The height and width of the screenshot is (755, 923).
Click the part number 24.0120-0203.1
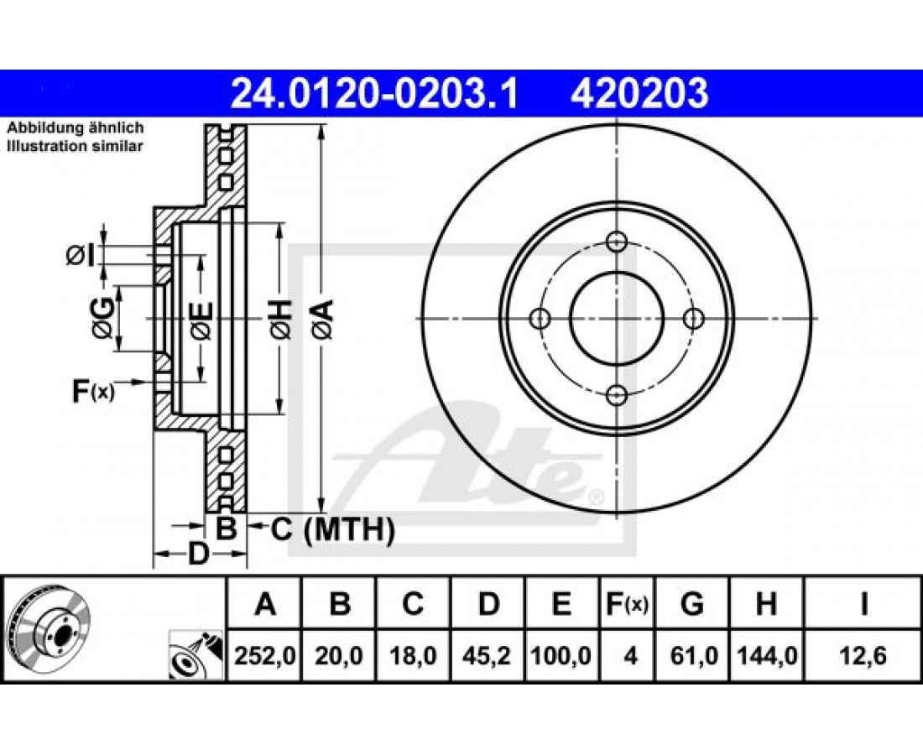coord(373,94)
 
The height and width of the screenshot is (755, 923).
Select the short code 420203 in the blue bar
coord(639,94)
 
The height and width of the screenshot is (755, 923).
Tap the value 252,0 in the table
coord(264,655)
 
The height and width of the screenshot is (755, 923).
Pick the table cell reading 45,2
coord(488,655)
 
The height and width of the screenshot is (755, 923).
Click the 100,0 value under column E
coord(561,655)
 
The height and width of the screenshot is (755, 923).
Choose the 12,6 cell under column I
coord(863,655)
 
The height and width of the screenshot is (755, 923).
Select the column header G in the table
coord(692,604)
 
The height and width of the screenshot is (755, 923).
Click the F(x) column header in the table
coord(628,604)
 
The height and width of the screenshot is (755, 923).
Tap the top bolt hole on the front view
coord(617,241)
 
